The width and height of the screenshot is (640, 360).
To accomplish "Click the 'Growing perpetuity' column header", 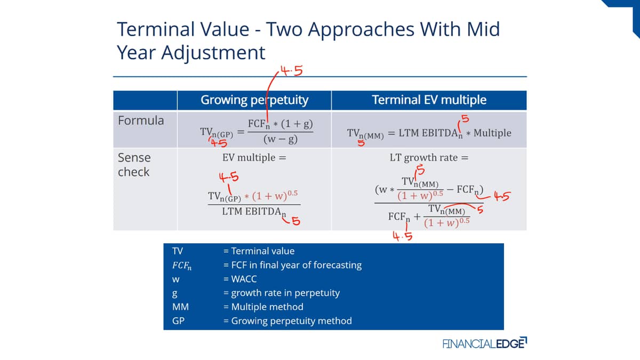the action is [254, 100].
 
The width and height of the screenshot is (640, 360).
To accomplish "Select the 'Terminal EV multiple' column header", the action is [429, 100].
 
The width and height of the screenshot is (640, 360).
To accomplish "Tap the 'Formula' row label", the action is [141, 121].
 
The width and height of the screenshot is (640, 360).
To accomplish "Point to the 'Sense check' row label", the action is [134, 165].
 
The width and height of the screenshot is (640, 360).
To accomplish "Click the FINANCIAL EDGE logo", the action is [485, 343].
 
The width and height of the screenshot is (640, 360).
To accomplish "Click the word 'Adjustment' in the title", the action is [213, 53].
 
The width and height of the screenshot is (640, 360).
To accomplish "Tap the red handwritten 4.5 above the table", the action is [291, 70].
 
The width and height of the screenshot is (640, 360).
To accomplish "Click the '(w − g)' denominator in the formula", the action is [281, 139].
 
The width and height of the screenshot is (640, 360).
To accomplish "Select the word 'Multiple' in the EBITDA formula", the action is [492, 133].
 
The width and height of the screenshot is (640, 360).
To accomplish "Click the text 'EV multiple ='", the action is [254, 158].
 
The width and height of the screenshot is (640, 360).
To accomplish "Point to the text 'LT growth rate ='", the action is [429, 158].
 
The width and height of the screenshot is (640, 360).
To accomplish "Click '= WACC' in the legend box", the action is [240, 279].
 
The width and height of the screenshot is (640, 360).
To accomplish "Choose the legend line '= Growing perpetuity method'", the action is [287, 321].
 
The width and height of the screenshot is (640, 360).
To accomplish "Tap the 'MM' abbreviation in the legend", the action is [180, 307].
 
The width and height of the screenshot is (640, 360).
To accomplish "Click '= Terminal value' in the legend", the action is [259, 251].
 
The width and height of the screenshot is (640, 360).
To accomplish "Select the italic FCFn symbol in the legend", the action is [182, 266].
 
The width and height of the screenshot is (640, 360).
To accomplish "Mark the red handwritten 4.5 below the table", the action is [403, 236].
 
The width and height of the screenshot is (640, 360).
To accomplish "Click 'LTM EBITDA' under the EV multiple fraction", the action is [252, 211].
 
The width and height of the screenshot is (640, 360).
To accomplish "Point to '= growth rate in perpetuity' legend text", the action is [282, 293].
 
